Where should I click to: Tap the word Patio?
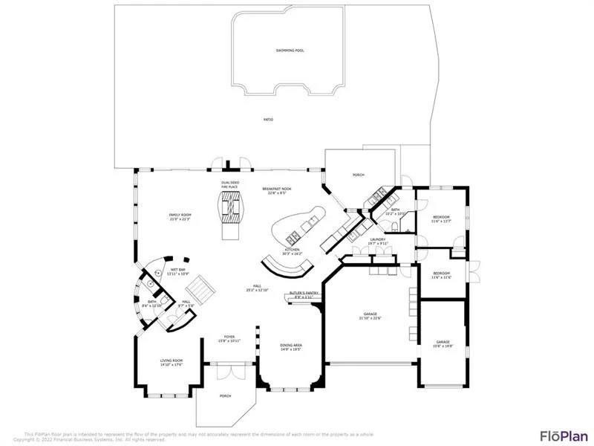point(268,119)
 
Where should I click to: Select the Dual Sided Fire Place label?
point(229,184)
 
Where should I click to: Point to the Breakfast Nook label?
point(277,191)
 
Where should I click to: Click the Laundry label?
point(379,241)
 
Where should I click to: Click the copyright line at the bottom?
point(89,439)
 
